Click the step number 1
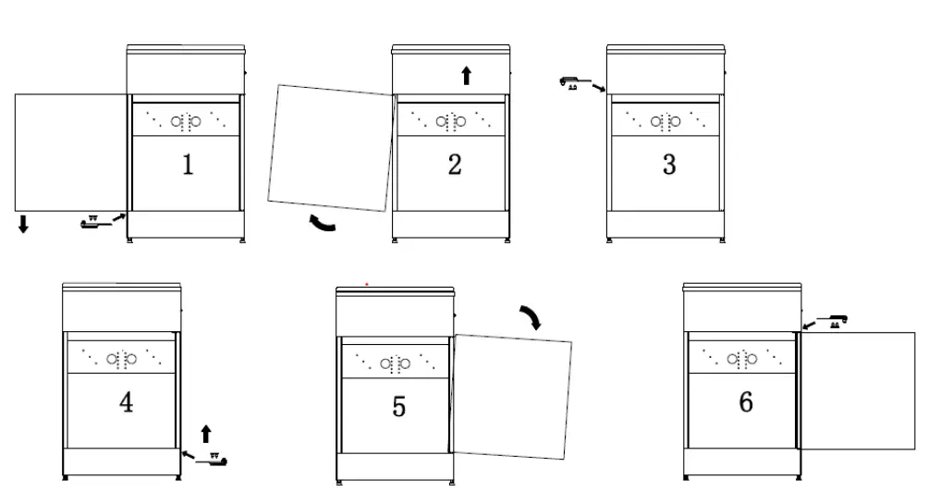pos(188,166)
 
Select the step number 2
pos(455,166)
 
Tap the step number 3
pos(669,166)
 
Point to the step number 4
pos(127,403)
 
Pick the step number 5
pos(398,407)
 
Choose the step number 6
pos(746,402)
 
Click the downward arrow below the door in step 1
pos(23,223)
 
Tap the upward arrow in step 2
pos(466,76)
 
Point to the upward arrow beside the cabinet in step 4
pos(206,433)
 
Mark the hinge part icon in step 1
pos(92,222)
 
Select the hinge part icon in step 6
pos(836,321)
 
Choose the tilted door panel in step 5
pos(512,397)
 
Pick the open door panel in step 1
pos(70,152)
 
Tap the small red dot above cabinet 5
pos(367,283)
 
